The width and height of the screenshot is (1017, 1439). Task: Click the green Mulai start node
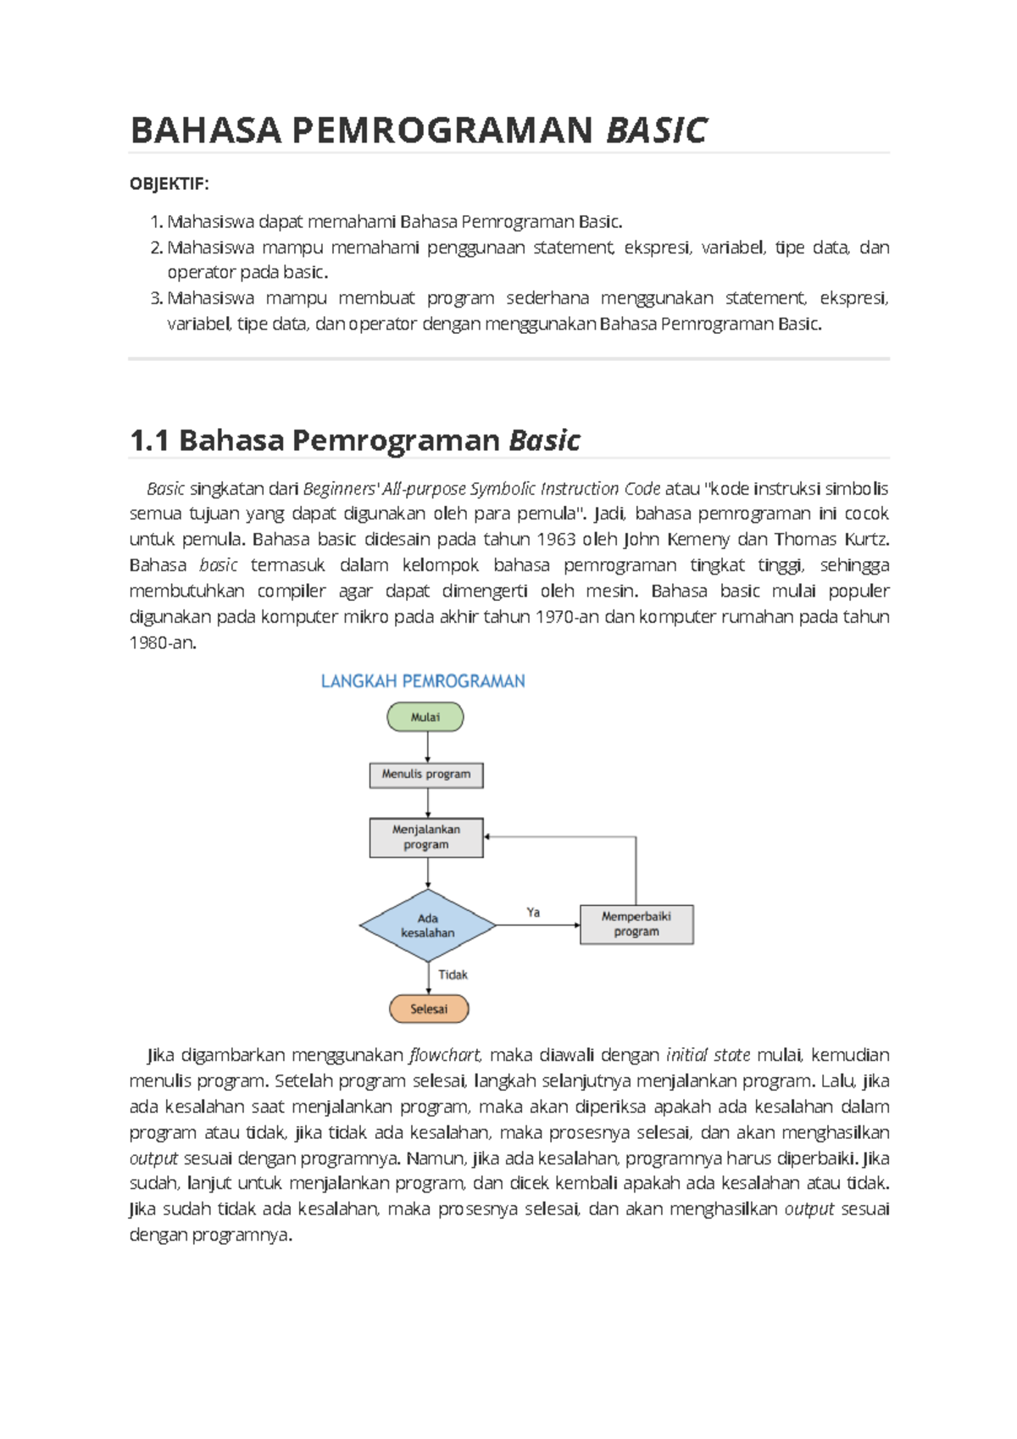tap(425, 717)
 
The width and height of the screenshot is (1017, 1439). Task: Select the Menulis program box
tap(426, 775)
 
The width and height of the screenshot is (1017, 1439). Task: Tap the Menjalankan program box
tap(426, 837)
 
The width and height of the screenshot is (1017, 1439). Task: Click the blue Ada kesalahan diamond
tap(428, 925)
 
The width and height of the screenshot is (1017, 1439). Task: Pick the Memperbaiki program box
tap(636, 925)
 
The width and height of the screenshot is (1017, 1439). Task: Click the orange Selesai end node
tap(429, 1008)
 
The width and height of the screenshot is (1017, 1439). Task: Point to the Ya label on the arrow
tap(533, 913)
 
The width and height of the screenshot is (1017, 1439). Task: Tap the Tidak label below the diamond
tap(453, 975)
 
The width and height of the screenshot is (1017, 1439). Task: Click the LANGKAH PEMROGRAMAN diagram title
tap(423, 681)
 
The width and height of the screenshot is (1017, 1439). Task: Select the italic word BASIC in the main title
tap(657, 131)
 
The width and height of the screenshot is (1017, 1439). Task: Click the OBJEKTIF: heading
tap(169, 184)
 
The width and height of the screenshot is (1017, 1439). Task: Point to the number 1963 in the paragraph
tap(557, 540)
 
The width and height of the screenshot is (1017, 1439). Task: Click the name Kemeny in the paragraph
tap(698, 540)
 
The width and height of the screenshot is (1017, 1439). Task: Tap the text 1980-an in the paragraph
tap(162, 643)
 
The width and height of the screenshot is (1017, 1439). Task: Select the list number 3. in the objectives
tap(156, 298)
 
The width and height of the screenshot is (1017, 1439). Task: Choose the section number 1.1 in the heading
tap(149, 441)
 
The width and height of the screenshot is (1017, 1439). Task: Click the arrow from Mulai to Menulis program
tap(428, 747)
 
